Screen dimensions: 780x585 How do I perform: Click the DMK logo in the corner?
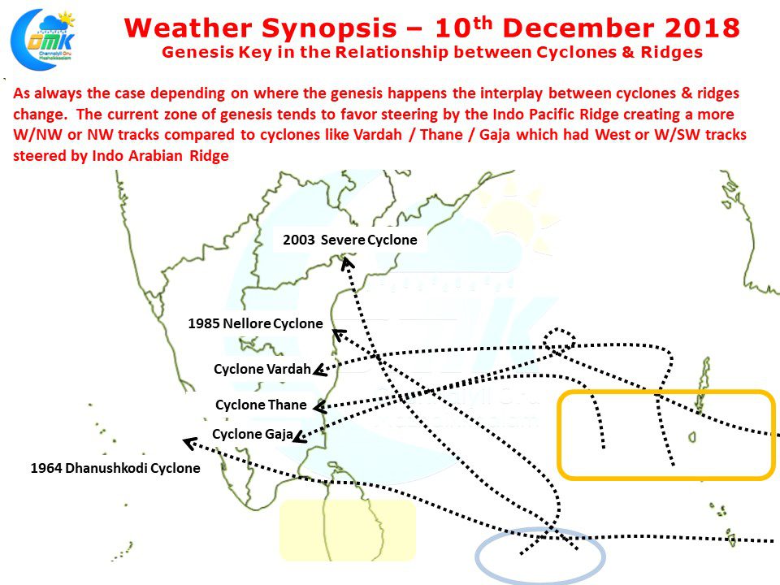(x=43, y=40)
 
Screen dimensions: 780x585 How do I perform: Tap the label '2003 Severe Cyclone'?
(x=349, y=240)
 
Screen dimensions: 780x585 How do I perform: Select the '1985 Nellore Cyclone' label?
(x=255, y=324)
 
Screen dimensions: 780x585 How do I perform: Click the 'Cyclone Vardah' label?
(x=262, y=369)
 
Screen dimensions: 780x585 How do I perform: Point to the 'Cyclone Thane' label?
(x=261, y=405)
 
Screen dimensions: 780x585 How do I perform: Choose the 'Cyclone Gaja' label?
(x=252, y=434)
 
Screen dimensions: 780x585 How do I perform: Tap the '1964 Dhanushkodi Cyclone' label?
(x=115, y=468)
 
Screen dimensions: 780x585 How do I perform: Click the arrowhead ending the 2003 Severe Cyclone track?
(x=348, y=262)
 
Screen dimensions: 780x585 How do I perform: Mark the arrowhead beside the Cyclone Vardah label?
(x=319, y=370)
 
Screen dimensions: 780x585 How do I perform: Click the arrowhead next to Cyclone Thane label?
(x=320, y=407)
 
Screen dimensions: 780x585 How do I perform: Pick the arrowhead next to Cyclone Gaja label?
(x=300, y=436)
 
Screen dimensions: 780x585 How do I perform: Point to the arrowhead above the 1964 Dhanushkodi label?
(x=189, y=443)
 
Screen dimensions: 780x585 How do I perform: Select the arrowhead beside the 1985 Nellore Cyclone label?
(x=340, y=335)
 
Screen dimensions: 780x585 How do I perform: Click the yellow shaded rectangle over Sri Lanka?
(x=347, y=531)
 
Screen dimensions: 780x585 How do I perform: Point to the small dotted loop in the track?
(x=559, y=340)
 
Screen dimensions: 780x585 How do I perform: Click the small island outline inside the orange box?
(x=692, y=437)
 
